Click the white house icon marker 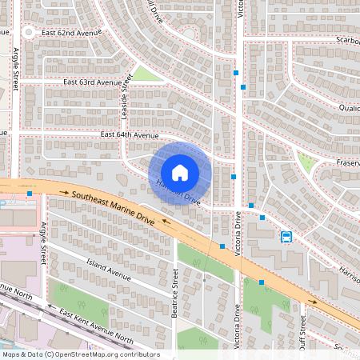(x=179, y=172)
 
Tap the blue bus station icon (x=286, y=236)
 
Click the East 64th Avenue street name (x=130, y=135)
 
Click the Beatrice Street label (x=174, y=294)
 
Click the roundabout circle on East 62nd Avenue (x=30, y=33)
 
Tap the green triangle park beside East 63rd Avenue (x=145, y=74)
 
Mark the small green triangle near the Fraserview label (x=305, y=163)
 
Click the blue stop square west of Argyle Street (x=30, y=194)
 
